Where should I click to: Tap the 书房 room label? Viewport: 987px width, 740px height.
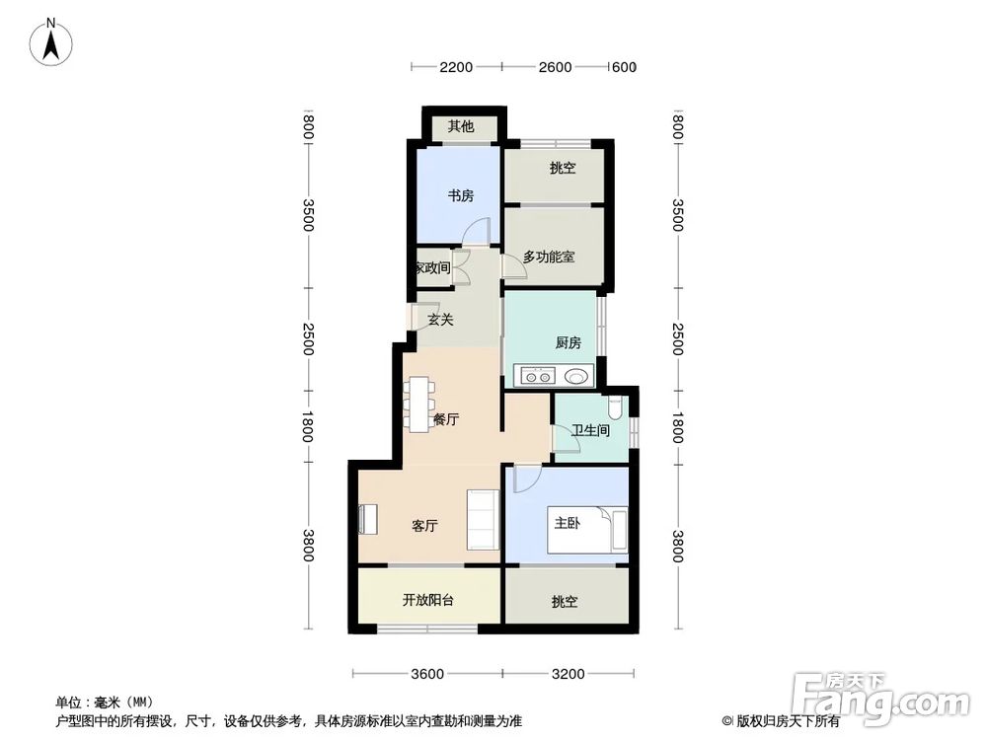461,195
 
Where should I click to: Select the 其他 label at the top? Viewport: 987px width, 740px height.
461,126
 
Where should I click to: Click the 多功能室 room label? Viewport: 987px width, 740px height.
549,257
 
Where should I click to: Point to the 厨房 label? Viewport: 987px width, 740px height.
568,342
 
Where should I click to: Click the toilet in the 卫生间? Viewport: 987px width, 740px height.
616,406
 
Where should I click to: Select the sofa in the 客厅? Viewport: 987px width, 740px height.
482,518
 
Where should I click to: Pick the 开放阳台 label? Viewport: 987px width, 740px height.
427,599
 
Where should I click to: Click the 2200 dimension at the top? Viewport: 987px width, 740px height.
456,67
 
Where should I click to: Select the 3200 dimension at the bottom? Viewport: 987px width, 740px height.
569,674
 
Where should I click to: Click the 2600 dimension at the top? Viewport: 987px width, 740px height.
555,67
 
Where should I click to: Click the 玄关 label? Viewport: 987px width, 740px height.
440,319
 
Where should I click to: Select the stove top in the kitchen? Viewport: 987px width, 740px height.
537,375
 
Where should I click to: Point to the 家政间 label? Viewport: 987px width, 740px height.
431,267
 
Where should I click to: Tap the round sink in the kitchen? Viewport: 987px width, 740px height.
575,375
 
